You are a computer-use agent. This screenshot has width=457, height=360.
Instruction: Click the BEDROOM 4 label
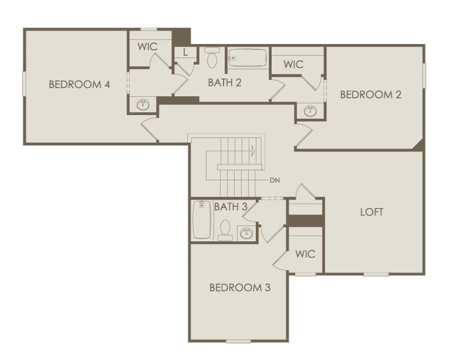coord(79,84)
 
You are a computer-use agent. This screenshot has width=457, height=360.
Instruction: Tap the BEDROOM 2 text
coord(371,94)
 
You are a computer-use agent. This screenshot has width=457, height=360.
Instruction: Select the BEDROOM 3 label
coord(240,288)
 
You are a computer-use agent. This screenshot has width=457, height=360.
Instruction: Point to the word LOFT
coord(371,212)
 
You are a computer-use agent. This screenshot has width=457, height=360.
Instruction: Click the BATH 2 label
coord(225,82)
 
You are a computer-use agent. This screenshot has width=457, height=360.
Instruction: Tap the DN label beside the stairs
coord(275,180)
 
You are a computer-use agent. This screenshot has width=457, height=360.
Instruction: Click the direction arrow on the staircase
coord(252,151)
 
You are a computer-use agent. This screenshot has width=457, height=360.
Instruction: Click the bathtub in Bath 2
coord(247,58)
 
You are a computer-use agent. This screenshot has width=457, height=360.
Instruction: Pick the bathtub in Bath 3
coord(202,220)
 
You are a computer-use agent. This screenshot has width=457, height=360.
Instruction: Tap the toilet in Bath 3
coord(225,230)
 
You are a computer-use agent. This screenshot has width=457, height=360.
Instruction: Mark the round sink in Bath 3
coord(246,234)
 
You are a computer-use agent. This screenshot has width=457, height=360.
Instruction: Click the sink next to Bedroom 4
coord(143,105)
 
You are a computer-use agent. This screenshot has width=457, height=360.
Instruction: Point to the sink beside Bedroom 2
coord(310,111)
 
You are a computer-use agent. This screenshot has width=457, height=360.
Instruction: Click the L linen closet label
coord(185,52)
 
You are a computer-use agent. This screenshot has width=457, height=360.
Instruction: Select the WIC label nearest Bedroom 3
coord(305,254)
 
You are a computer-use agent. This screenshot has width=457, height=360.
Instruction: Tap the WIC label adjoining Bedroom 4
coord(147,46)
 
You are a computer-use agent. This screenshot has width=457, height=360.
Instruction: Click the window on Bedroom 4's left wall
coord(25,83)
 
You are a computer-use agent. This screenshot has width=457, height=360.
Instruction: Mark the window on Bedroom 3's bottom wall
coord(238,341)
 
